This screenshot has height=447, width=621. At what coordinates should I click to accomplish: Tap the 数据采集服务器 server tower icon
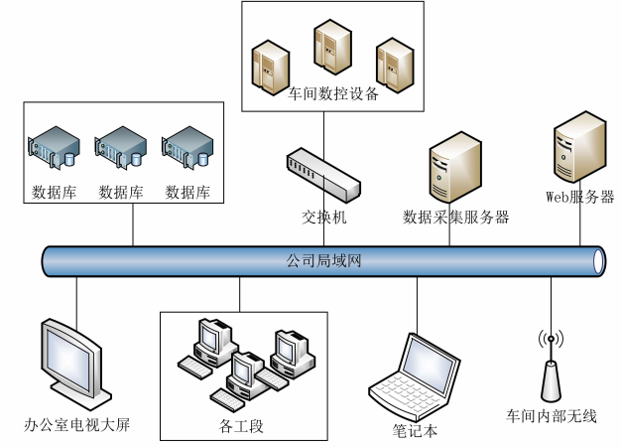[455, 170]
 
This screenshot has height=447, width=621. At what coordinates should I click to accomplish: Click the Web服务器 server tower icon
[579, 148]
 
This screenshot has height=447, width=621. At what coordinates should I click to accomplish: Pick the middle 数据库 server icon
[121, 147]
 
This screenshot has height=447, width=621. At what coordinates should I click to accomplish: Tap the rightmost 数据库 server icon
[187, 147]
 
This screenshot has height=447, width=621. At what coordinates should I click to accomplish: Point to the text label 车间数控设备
[333, 96]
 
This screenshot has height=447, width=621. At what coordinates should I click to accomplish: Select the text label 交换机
[324, 216]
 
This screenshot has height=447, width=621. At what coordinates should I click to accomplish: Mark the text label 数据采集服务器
[456, 216]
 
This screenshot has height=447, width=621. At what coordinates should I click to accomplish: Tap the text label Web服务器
[580, 196]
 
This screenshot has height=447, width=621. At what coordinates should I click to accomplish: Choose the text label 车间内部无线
[551, 415]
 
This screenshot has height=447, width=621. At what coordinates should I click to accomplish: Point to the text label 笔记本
[415, 430]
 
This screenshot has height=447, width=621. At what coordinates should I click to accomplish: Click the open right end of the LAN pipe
[598, 261]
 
